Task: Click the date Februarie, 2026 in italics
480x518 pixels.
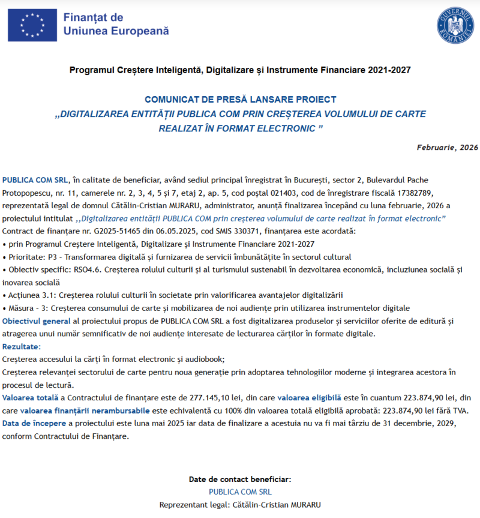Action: click(x=447, y=147)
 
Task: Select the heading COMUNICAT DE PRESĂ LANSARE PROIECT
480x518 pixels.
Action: click(x=240, y=100)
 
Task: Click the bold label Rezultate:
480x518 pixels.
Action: click(x=22, y=347)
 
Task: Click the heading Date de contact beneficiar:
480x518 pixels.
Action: click(x=240, y=480)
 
